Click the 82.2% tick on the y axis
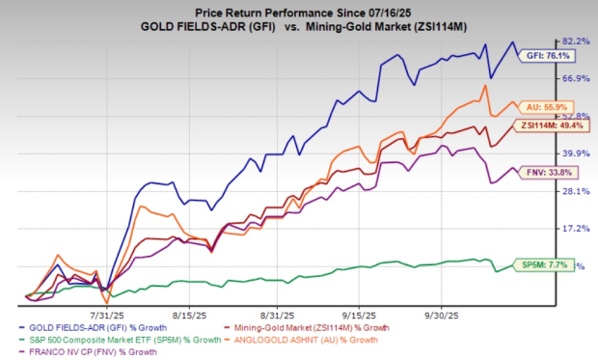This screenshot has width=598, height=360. pyautogui.click(x=575, y=41)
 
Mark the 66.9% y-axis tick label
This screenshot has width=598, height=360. pyautogui.click(x=575, y=78)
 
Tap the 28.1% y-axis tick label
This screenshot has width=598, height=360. pyautogui.click(x=575, y=191)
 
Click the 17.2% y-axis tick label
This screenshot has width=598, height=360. pyautogui.click(x=575, y=229)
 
